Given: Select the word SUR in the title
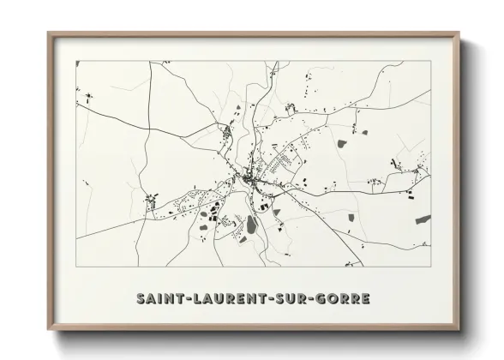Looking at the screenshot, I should coord(291,299).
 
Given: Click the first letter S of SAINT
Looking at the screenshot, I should coord(141,299).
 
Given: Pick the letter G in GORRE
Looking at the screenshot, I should coord(321,299).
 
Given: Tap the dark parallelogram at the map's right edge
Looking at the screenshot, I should coord(423,219).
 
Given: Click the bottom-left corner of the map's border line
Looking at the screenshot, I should coord(75,268).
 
